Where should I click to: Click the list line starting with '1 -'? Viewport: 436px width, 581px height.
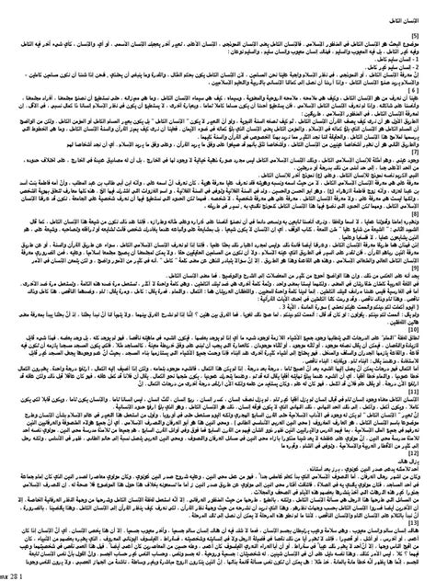[405, 58]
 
